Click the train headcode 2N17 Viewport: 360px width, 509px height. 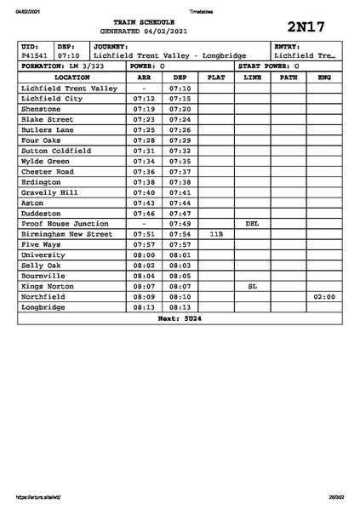(x=306, y=27)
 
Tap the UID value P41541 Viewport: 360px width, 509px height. (x=35, y=55)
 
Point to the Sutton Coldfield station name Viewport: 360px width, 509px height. (x=56, y=151)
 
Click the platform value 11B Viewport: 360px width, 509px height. (x=216, y=233)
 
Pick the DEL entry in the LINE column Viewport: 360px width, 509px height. (x=252, y=223)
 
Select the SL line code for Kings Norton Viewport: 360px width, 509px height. (x=252, y=286)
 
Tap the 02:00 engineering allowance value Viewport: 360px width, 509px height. (x=324, y=297)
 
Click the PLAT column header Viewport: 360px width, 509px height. (x=216, y=77)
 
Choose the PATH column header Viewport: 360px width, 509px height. (x=289, y=77)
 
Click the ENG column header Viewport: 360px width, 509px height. (x=324, y=77)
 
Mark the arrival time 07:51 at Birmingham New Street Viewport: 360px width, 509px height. (x=144, y=233)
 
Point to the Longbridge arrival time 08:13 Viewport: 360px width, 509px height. (x=144, y=307)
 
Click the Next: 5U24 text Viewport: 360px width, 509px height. (x=180, y=318)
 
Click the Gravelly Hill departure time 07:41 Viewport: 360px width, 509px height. (x=180, y=192)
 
